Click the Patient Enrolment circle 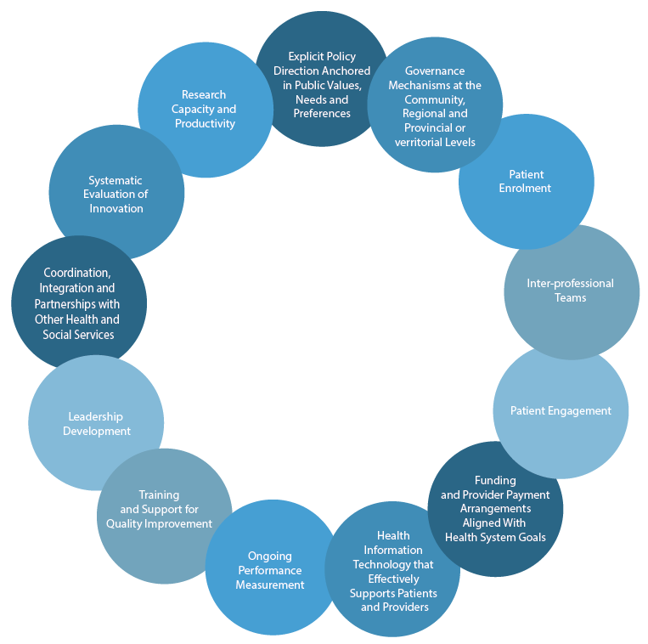pos(526,181)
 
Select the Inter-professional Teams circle pos(571,291)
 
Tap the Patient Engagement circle pos(561,411)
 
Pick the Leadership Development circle pos(96,423)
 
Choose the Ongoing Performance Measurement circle pos(270,569)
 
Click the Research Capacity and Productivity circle pos(205,110)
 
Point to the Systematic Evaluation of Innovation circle pos(116,194)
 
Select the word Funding pos(495,481)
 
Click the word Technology pos(393,564)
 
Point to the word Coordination pos(76,273)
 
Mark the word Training pos(159,495)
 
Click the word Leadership pos(96,416)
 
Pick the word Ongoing pos(270,556)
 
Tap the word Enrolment pos(526,188)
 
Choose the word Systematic pos(116,180)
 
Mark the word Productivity pos(205,123)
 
